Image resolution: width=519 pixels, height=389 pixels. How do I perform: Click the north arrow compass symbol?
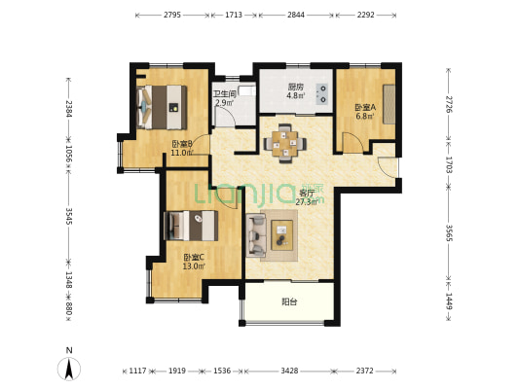point(69,369)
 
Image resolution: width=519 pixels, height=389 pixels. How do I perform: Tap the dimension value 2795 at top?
point(172,15)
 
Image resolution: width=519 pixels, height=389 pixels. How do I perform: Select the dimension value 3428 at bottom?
point(289,371)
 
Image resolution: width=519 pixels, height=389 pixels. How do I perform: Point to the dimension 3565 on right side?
point(449,233)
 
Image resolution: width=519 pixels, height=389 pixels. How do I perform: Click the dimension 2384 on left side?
point(69,109)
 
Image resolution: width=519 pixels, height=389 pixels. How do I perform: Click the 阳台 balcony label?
point(289,301)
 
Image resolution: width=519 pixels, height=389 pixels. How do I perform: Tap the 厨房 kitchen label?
point(296,87)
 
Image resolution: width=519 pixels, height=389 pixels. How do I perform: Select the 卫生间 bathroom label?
point(225,94)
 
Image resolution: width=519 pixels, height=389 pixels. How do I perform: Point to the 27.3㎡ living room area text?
point(307,202)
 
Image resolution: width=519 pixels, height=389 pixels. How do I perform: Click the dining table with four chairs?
point(284,144)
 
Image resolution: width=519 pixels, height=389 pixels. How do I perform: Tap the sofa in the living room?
point(256,235)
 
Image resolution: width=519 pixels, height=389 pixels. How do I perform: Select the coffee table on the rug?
point(281,235)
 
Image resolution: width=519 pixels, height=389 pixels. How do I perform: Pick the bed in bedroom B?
point(162,107)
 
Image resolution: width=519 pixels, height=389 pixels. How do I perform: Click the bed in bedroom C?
point(191,226)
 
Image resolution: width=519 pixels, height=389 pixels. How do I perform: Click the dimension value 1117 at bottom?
point(137,371)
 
